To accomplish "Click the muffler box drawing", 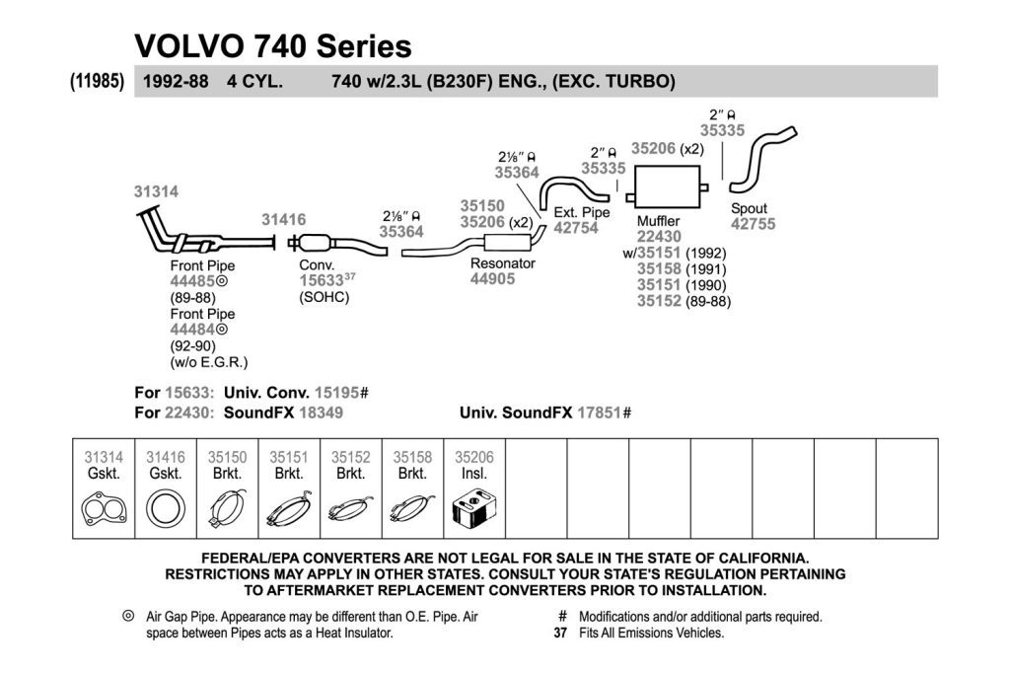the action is pos(668,187).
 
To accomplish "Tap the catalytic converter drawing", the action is pos(316,243).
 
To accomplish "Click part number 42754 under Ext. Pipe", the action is pos(576,228).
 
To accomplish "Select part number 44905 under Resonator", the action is pos(493,279).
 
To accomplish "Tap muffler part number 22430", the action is pos(659,237).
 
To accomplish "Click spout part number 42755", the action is pos(753,224).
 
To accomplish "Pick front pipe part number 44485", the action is pos(192,281).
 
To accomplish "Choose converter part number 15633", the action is pos(321,281).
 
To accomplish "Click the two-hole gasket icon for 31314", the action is pos(104,509).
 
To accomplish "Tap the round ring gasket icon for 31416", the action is pos(166,509).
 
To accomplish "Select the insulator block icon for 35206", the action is pos(474,509).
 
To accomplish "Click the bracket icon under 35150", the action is pos(227,509).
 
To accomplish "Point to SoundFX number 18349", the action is pos(321,412).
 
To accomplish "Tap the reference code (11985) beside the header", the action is pos(98,81).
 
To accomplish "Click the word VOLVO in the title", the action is pos(189,46).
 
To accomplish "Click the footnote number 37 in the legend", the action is pos(560,634).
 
